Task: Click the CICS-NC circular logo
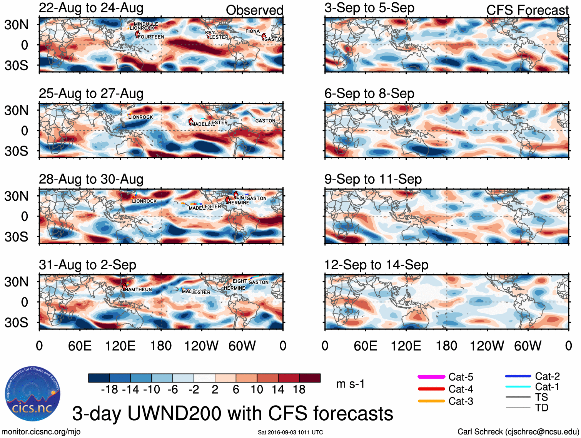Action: pyautogui.click(x=33, y=394)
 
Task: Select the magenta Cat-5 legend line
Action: pyautogui.click(x=431, y=377)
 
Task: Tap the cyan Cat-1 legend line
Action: pyautogui.click(x=518, y=386)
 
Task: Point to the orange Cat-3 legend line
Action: pyautogui.click(x=431, y=401)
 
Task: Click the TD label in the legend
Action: pyautogui.click(x=541, y=408)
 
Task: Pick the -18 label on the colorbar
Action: pyautogui.click(x=109, y=390)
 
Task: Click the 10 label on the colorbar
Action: pyautogui.click(x=257, y=390)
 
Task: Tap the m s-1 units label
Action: pyautogui.click(x=350, y=384)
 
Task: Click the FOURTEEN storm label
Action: pyautogui.click(x=151, y=37)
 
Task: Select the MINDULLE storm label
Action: pyautogui.click(x=146, y=24)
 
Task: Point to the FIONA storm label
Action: pyautogui.click(x=252, y=31)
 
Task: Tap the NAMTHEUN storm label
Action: pyautogui.click(x=138, y=289)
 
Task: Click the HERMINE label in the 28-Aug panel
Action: pyautogui.click(x=239, y=203)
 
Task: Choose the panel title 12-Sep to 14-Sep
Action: pyautogui.click(x=376, y=265)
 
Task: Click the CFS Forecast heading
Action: pyautogui.click(x=527, y=10)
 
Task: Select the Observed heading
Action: pyautogui.click(x=254, y=10)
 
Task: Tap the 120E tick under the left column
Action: pyautogui.click(x=120, y=346)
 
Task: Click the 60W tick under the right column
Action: pyautogui.click(x=528, y=346)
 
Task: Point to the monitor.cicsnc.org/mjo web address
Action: pyautogui.click(x=41, y=432)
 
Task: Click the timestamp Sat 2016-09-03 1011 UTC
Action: pyautogui.click(x=290, y=432)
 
